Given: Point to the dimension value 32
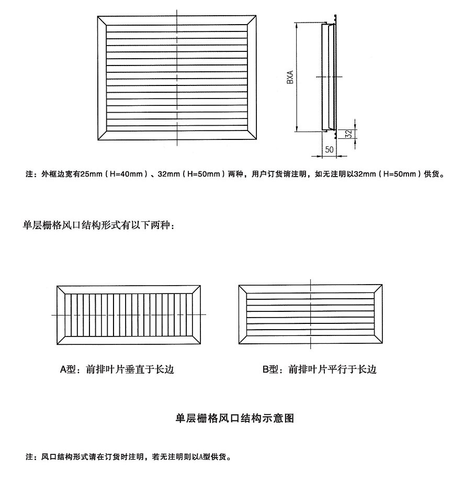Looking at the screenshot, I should (x=349, y=133).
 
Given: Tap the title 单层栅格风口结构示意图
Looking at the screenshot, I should (x=234, y=418).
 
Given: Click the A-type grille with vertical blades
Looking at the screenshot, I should (x=129, y=314).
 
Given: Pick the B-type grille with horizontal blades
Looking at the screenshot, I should (x=311, y=314).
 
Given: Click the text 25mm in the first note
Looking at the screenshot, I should (x=91, y=174).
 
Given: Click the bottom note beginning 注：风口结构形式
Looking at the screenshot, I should (x=128, y=456).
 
